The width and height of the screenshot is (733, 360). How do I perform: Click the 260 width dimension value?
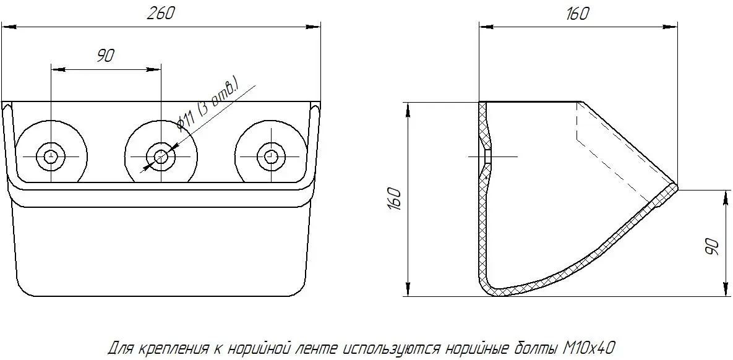tap(161, 14)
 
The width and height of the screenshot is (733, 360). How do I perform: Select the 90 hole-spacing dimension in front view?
tap(105, 56)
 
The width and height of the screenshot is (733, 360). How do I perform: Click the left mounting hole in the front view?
tap(51, 156)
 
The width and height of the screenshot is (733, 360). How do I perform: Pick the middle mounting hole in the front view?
tap(161, 156)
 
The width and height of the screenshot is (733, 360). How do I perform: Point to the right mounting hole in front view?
tap(270, 156)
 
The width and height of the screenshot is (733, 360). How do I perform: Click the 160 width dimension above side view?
tap(577, 14)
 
